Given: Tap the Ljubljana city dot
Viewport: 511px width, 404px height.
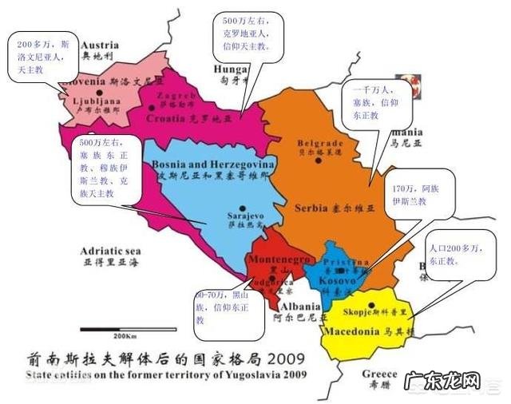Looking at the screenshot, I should pyautogui.click(x=100, y=93).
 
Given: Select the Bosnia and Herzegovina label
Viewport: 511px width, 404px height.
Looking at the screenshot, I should pyautogui.click(x=212, y=164).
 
